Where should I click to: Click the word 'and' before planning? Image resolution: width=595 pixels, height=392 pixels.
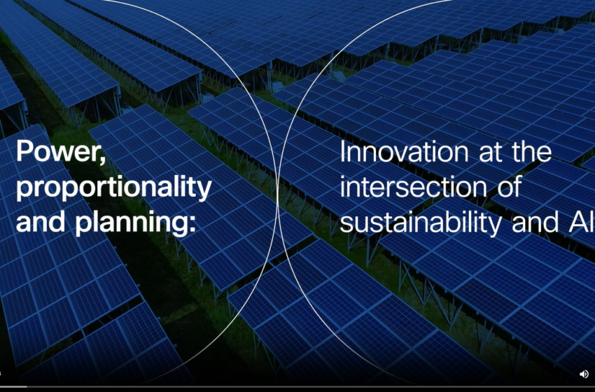tap(38, 223)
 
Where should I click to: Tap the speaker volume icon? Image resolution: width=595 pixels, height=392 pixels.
tap(584, 374)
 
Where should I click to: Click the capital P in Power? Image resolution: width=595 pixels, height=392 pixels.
tap(24, 152)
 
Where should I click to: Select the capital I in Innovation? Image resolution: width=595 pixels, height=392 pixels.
tap(343, 152)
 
